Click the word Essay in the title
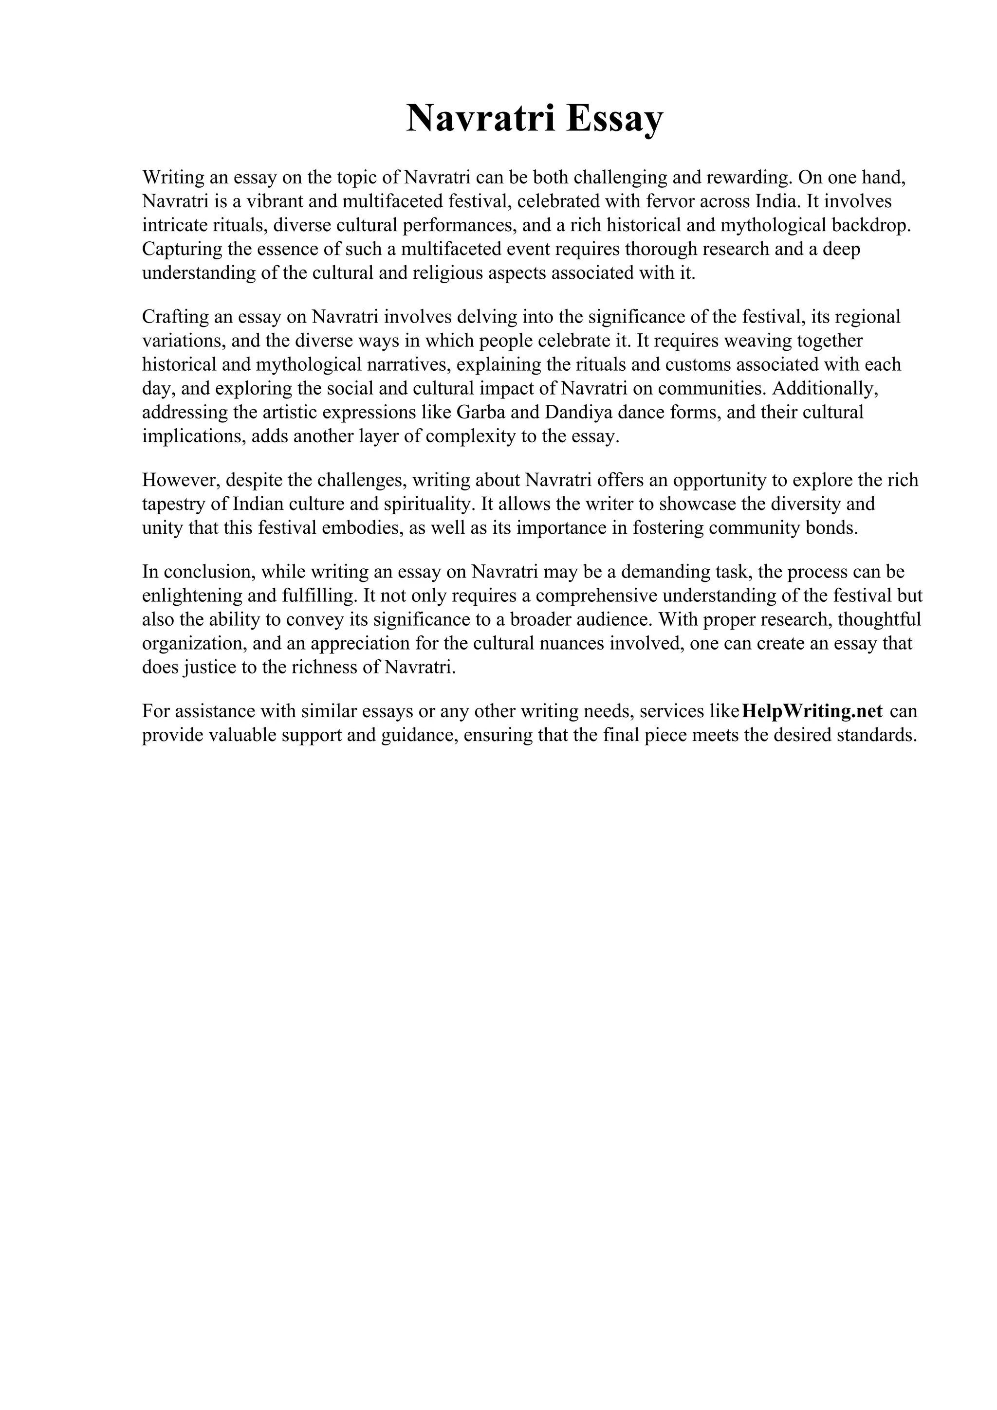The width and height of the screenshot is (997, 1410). pos(614,119)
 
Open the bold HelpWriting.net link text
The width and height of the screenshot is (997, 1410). pos(812,711)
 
